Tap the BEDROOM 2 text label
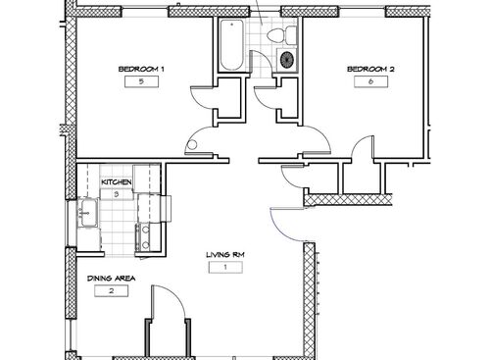pos(365,69)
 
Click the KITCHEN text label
pos(117,182)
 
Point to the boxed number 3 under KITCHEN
pos(117,195)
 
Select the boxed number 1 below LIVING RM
pos(224,268)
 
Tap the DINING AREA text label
pos(112,279)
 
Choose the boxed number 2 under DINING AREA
pos(112,292)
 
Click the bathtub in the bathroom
pos(233,45)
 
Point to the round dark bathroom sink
pos(287,60)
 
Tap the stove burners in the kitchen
pos(143,235)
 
